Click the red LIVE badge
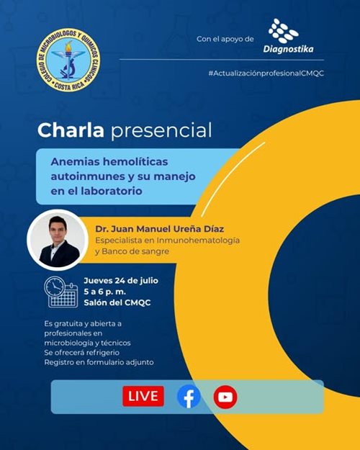point(143,396)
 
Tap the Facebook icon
point(189,397)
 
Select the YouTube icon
point(225,397)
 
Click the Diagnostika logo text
point(288,49)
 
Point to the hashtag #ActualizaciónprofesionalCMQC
point(266,73)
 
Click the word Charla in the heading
point(71,130)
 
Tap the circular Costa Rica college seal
point(68,60)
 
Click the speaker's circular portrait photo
point(58,240)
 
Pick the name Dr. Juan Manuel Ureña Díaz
point(160,229)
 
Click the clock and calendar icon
point(61,292)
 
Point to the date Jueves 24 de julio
point(121,281)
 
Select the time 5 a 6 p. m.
point(105,292)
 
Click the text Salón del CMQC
point(117,303)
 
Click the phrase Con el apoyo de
point(225,39)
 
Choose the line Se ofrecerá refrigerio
point(81,352)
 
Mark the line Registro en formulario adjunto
point(99,362)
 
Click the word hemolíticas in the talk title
point(135,161)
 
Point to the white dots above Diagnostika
point(284,31)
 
